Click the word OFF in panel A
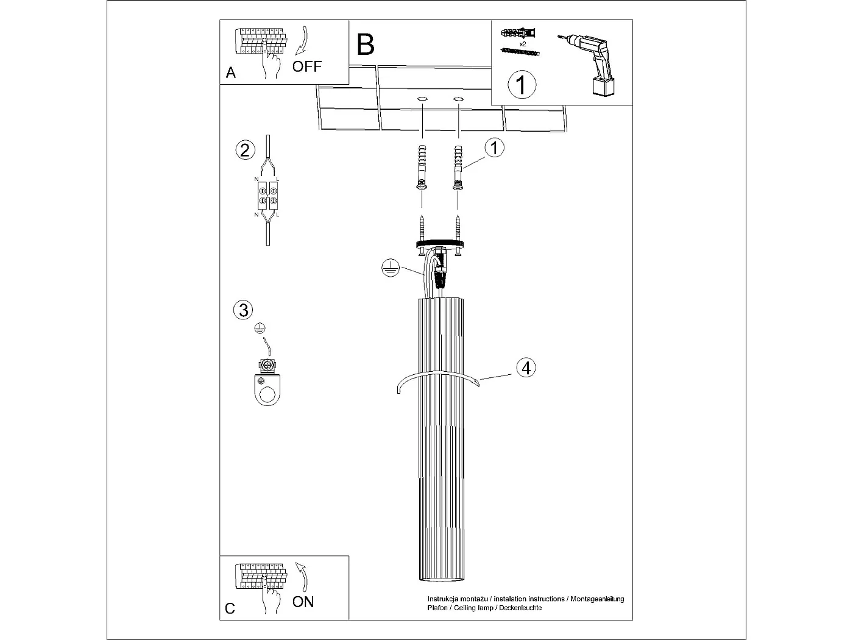point(306,66)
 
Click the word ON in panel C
point(303,602)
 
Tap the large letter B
point(366,44)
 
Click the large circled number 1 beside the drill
point(522,85)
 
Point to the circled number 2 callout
point(245,150)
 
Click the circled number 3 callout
point(243,310)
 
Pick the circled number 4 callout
point(526,368)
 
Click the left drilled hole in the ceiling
point(422,99)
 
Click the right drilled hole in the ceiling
point(458,99)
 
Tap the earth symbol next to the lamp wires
point(389,268)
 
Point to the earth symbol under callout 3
point(260,329)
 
